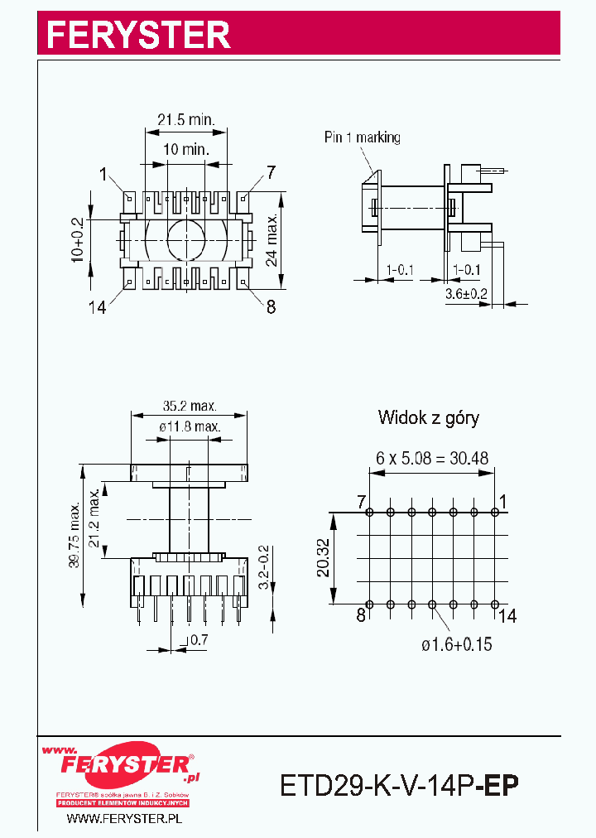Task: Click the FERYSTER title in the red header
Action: pyautogui.click(x=137, y=35)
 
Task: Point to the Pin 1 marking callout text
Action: pyautogui.click(x=362, y=137)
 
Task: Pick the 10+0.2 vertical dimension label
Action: pyautogui.click(x=78, y=241)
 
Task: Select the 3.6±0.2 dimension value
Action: pyautogui.click(x=467, y=294)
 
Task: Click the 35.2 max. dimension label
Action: pyautogui.click(x=190, y=407)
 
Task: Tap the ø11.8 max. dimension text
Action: pyautogui.click(x=190, y=426)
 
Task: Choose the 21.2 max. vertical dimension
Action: pyautogui.click(x=94, y=518)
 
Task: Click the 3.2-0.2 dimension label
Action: pyautogui.click(x=264, y=567)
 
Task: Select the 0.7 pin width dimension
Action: pyautogui.click(x=199, y=640)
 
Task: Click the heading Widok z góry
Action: pyautogui.click(x=428, y=417)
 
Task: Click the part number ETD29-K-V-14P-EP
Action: pyautogui.click(x=400, y=783)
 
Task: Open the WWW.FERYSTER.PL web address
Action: pyautogui.click(x=123, y=818)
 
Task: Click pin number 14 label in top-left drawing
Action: pyautogui.click(x=98, y=307)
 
